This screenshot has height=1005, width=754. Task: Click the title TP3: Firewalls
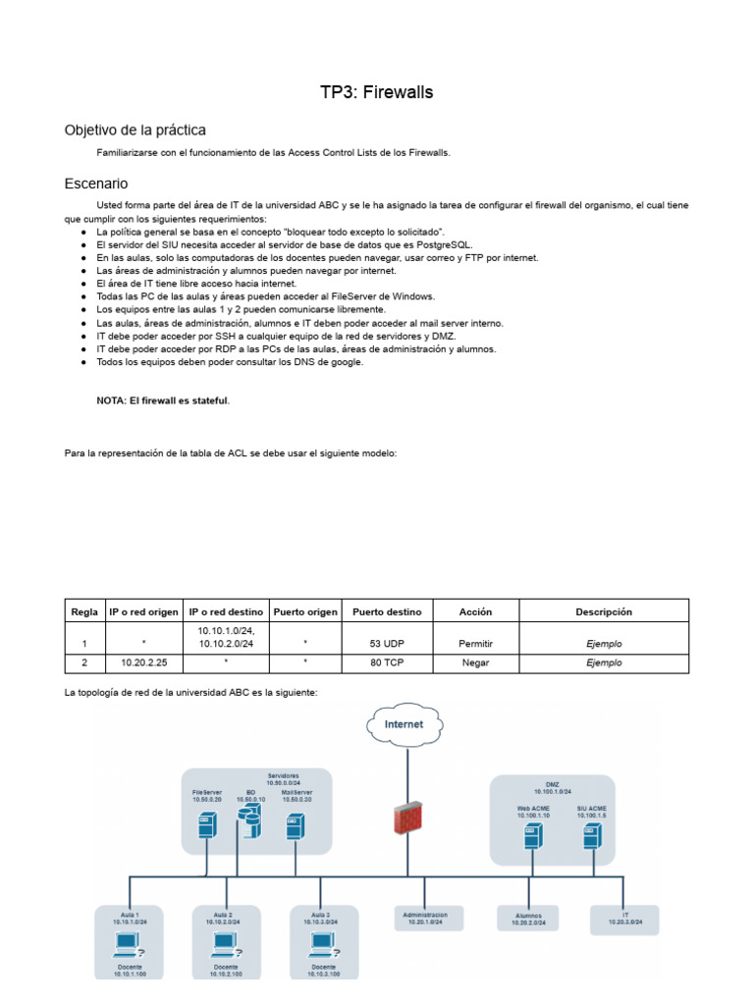coord(376,92)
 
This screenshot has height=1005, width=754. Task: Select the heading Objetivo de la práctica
coord(135,130)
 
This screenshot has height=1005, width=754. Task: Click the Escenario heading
coord(95,184)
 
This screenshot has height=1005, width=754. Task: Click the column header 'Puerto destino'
coord(387,611)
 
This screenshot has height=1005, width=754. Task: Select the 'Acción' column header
coord(475,611)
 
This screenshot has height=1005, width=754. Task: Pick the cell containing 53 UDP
coord(387,644)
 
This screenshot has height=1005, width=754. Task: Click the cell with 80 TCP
coord(387,663)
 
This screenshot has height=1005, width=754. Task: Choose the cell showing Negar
coord(475,663)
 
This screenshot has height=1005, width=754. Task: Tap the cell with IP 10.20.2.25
coord(145,663)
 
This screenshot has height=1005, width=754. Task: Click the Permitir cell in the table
coord(475,644)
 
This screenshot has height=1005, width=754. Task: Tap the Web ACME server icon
coord(530,836)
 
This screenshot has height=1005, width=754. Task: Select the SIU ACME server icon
coord(591,836)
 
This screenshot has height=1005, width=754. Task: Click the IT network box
coord(624,918)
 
